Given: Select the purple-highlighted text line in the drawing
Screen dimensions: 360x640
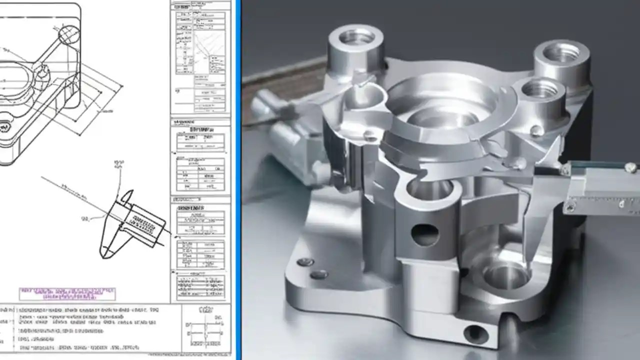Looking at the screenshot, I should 67,293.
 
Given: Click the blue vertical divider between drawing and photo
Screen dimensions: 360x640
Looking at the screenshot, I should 238,180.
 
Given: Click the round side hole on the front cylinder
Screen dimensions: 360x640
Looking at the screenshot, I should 424,234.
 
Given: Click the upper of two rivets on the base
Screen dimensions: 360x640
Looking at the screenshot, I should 305,262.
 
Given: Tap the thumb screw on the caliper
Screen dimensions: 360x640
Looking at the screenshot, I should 631,167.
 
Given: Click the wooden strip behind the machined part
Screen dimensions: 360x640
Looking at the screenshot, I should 280,75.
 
